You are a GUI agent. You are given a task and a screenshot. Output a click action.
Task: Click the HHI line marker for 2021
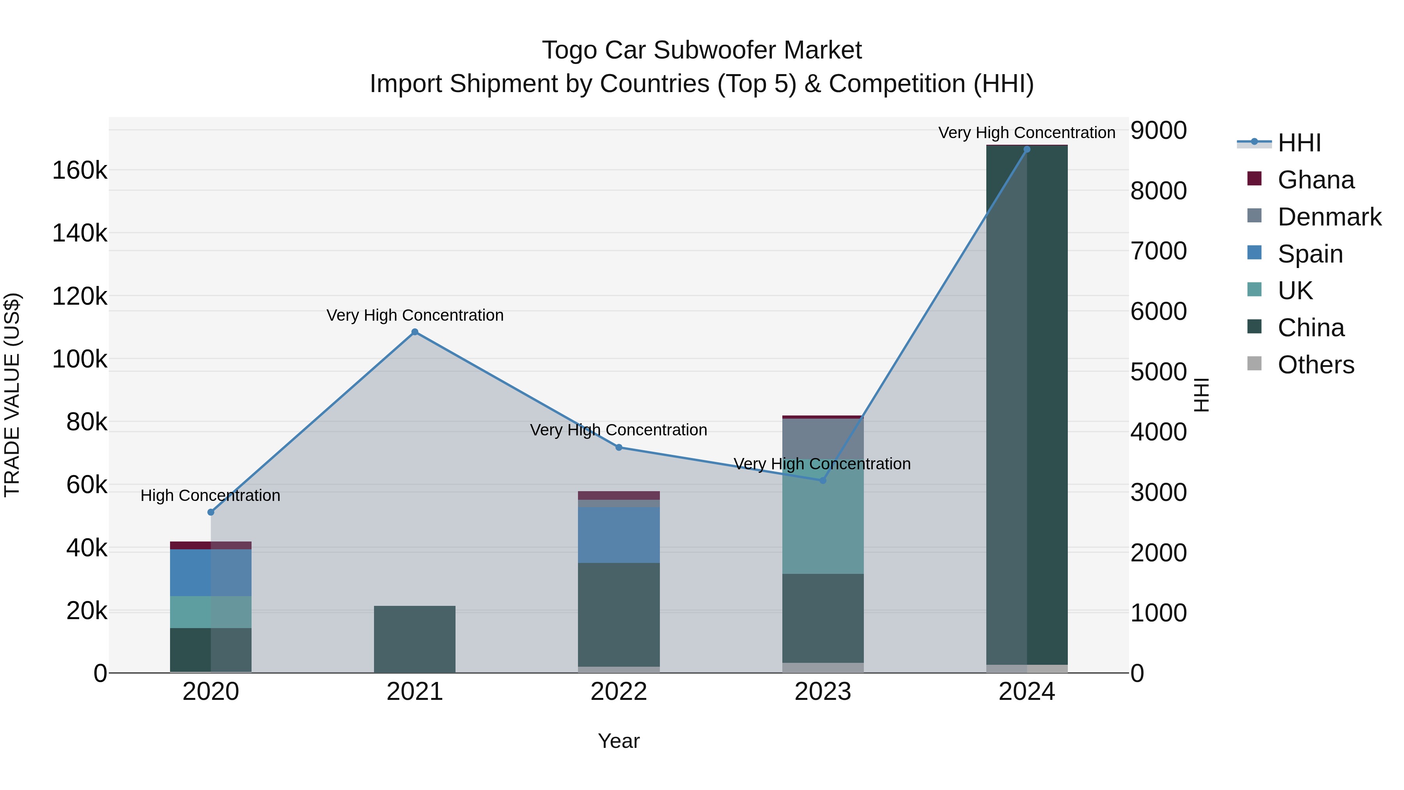click(x=415, y=332)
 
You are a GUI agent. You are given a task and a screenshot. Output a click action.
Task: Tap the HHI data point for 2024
click(x=1027, y=149)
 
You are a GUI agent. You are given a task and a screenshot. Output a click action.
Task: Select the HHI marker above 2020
click(x=211, y=513)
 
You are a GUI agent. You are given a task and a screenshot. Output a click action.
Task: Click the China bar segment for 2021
click(x=415, y=639)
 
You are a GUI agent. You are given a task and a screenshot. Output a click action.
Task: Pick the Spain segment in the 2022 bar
click(x=619, y=535)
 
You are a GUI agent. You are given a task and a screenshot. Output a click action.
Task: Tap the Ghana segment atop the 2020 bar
click(x=211, y=545)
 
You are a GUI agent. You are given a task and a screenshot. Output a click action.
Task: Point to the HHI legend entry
click(x=1299, y=143)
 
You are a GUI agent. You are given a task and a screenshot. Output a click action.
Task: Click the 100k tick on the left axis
click(x=80, y=359)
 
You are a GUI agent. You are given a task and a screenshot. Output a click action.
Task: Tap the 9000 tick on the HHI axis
click(x=1158, y=131)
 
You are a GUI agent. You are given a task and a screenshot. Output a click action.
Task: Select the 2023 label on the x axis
click(x=823, y=692)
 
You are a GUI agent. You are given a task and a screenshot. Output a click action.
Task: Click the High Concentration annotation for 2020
click(x=210, y=495)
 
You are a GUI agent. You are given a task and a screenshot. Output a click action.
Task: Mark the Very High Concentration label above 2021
click(x=415, y=315)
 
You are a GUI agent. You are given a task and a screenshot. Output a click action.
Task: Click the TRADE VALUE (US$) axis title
click(x=12, y=395)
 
